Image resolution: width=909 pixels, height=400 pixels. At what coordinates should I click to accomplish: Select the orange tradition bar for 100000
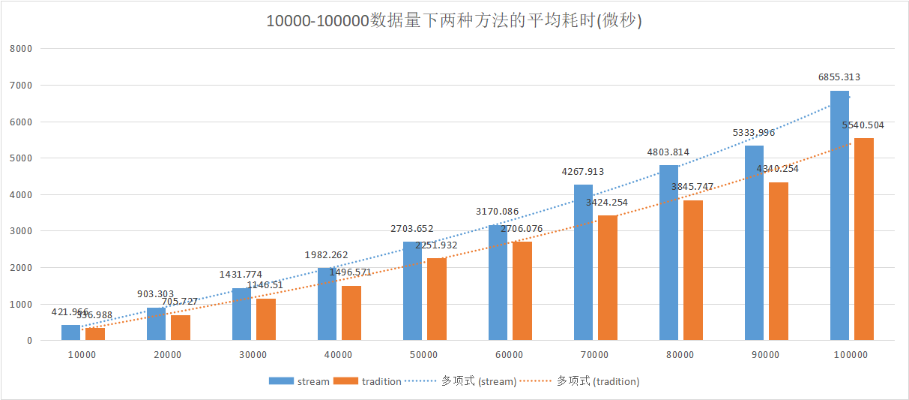click(x=863, y=239)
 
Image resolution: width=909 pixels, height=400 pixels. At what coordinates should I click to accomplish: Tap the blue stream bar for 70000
click(x=583, y=263)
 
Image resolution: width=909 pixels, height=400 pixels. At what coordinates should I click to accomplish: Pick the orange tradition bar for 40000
click(x=351, y=313)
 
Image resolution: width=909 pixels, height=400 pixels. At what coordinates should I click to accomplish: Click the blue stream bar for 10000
click(x=70, y=332)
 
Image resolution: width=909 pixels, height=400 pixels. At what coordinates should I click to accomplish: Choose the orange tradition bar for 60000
click(x=522, y=291)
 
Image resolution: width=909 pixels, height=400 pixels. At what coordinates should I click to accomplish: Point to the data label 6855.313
click(x=839, y=77)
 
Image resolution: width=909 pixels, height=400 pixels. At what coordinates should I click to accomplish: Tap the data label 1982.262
click(x=327, y=255)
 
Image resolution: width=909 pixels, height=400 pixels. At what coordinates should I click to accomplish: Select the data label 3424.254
click(x=606, y=203)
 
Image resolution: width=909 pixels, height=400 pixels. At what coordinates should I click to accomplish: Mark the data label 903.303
click(x=156, y=294)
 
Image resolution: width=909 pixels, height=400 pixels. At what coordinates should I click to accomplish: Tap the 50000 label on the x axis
click(x=423, y=354)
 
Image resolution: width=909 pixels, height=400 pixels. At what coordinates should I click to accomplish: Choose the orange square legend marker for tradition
click(x=347, y=381)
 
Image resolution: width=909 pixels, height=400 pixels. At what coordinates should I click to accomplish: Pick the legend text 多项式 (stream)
click(x=478, y=381)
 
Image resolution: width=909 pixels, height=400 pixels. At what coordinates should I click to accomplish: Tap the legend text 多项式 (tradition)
click(x=597, y=381)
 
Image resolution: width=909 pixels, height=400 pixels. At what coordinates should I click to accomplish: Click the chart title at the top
click(x=454, y=20)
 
